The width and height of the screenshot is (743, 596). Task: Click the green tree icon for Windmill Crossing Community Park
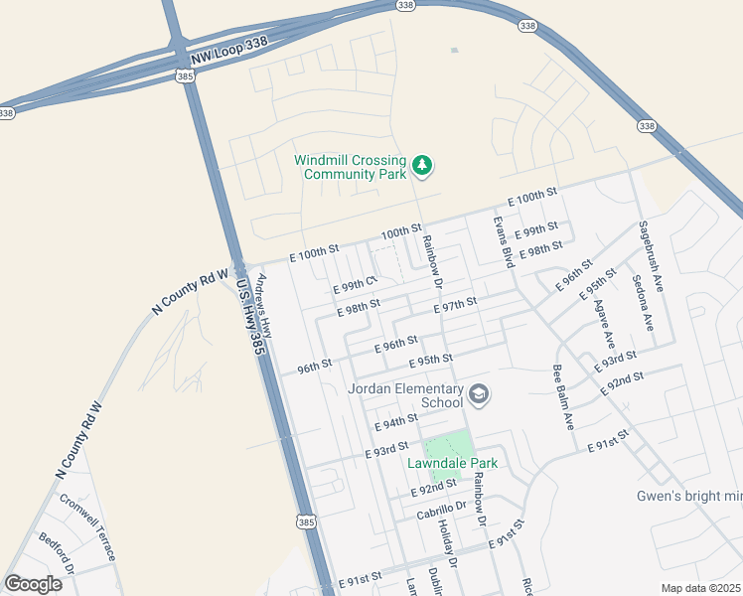[x=423, y=165]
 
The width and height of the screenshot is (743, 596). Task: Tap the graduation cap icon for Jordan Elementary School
[x=479, y=394]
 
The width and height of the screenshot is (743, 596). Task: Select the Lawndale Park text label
[x=452, y=463]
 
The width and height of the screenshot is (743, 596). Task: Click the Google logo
[x=33, y=584]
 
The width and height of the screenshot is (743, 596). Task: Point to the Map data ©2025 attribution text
[x=700, y=588]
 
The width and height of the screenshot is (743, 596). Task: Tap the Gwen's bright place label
[x=689, y=497]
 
